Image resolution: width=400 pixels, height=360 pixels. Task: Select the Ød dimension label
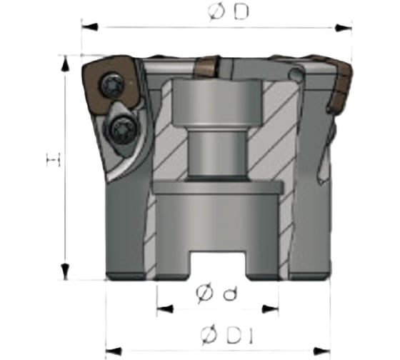[215, 292]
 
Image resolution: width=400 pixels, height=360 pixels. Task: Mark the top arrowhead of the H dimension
[65, 61]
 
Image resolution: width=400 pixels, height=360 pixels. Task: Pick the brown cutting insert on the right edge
[341, 86]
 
